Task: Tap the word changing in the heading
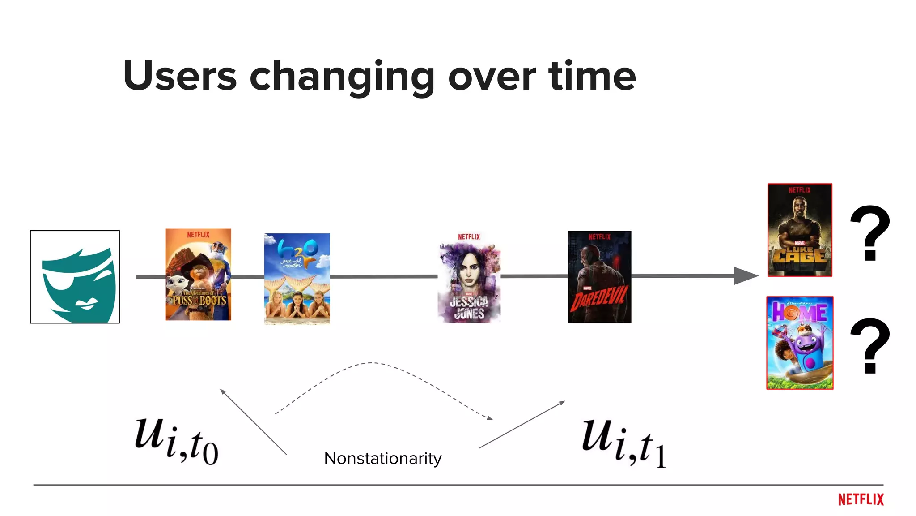pos(342,77)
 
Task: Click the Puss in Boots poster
pos(198,275)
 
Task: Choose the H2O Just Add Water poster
pos(297,279)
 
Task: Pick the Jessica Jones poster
pos(469,277)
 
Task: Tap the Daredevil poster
pos(599,277)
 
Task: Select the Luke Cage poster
pos(800,230)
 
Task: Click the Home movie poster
pos(800,343)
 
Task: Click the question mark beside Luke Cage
pos(869,233)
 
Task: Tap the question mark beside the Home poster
pos(869,346)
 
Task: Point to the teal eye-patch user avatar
pos(75,277)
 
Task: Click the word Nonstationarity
pos(383,458)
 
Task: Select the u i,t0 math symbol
pos(177,441)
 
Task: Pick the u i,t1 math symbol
pos(624,443)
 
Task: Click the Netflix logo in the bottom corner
pos(861,499)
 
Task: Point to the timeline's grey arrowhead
pos(745,276)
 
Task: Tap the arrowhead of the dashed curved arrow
pos(490,418)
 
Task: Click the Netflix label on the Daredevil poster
pos(599,237)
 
